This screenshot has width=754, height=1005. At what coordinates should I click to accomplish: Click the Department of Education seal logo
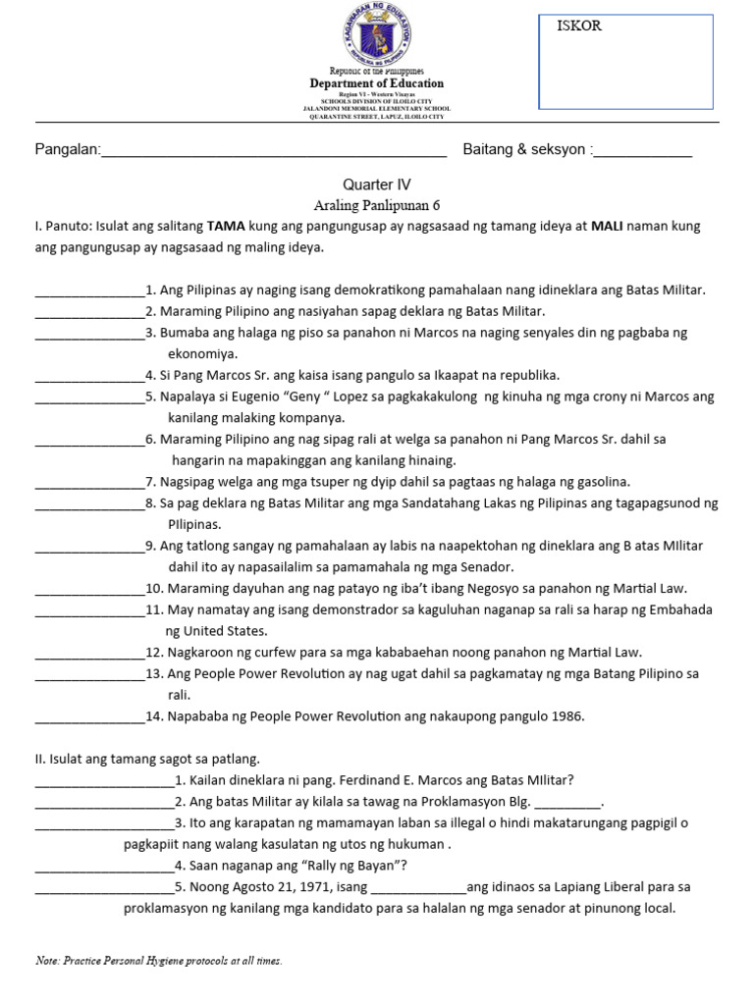pyautogui.click(x=377, y=34)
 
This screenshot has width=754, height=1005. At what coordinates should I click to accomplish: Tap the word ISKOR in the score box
pyautogui.click(x=579, y=26)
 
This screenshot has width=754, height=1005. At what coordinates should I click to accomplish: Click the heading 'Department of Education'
pyautogui.click(x=377, y=84)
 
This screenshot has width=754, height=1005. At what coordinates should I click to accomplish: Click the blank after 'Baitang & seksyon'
pyautogui.click(x=643, y=151)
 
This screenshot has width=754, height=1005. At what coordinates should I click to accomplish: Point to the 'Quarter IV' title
pyautogui.click(x=377, y=185)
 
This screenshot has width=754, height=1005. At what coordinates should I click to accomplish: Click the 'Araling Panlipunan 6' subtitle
pyautogui.click(x=377, y=205)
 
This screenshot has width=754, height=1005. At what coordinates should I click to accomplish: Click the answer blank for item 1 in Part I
pyautogui.click(x=89, y=291)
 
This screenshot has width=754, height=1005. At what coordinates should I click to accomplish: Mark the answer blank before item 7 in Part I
pyautogui.click(x=89, y=482)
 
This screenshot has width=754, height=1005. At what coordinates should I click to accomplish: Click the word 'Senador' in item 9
pyautogui.click(x=487, y=567)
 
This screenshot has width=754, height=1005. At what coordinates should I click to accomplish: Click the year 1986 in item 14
pyautogui.click(x=566, y=716)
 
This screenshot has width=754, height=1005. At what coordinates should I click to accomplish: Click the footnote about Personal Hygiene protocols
pyautogui.click(x=159, y=961)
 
